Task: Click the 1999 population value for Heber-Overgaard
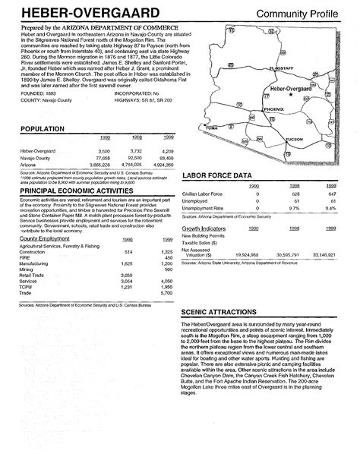168,152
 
